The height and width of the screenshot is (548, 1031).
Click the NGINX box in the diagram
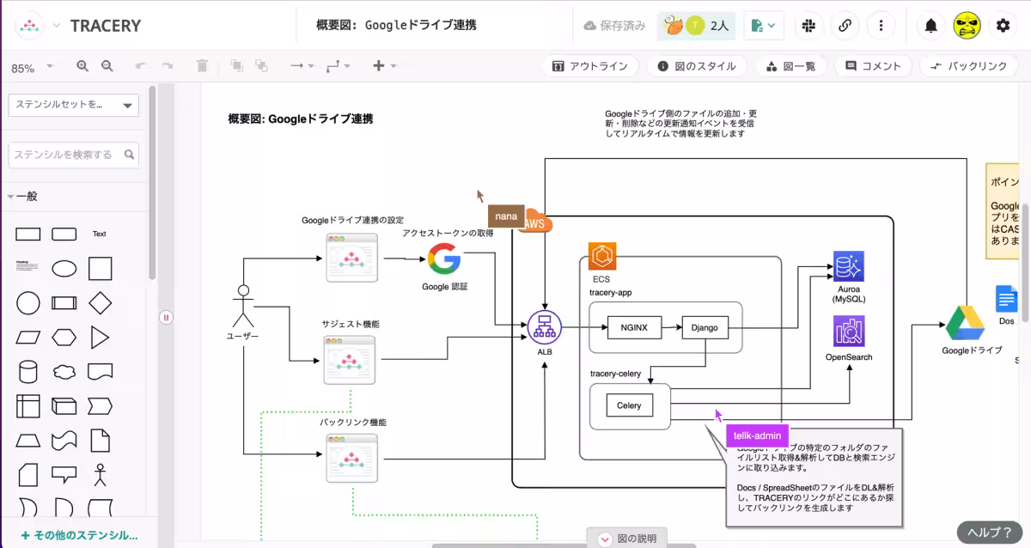click(x=636, y=327)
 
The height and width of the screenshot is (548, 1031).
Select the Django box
click(x=705, y=327)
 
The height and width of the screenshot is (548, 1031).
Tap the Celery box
click(x=629, y=405)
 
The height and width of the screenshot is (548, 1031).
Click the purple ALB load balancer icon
click(x=544, y=326)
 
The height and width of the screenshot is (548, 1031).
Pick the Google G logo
click(x=444, y=259)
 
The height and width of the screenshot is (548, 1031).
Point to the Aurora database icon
click(x=849, y=266)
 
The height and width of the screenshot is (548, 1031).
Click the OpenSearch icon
click(x=849, y=332)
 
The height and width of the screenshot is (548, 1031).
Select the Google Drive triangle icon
click(x=965, y=323)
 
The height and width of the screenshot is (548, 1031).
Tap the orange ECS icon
click(x=601, y=256)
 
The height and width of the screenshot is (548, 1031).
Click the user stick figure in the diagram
click(x=243, y=305)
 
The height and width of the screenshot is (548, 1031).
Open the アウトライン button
click(x=589, y=66)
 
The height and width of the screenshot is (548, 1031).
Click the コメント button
click(x=873, y=66)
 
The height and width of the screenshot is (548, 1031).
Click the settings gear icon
click(x=1003, y=26)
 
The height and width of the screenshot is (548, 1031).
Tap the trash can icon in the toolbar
click(x=202, y=66)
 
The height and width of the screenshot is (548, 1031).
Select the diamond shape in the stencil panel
click(x=101, y=302)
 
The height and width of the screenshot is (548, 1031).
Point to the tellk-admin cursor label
click(x=757, y=435)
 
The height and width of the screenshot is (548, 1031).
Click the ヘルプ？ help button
click(x=990, y=533)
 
